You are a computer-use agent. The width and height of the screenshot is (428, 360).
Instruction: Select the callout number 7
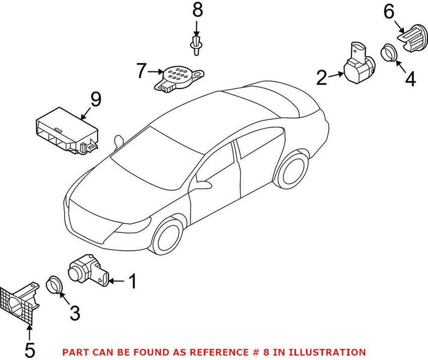pyautogui.click(x=142, y=70)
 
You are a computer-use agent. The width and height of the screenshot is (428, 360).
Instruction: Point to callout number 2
pyautogui.click(x=322, y=78)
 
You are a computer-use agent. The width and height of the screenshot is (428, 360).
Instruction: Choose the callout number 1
pyautogui.click(x=133, y=281)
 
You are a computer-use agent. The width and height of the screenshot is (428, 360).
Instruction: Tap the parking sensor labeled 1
pyautogui.click(x=87, y=269)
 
